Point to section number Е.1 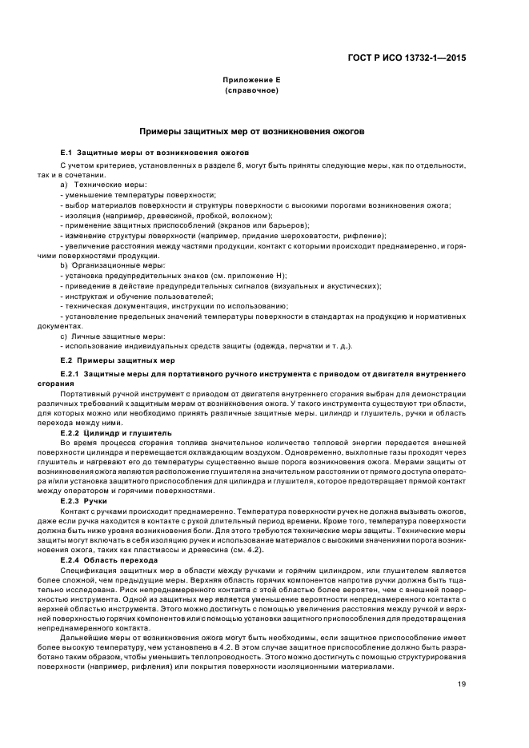66,152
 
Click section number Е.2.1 70,374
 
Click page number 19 462,683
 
